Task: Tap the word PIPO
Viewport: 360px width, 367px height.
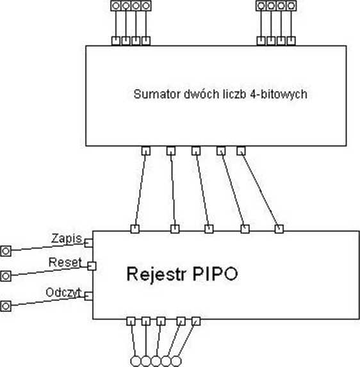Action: [x=215, y=273]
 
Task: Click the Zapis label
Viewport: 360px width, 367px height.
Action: [x=67, y=238]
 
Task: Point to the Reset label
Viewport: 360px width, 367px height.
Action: [x=65, y=263]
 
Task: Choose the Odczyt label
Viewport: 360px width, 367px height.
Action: [x=63, y=293]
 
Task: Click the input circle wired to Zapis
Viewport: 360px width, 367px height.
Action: [x=6, y=251]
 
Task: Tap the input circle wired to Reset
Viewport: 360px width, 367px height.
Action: [x=6, y=276]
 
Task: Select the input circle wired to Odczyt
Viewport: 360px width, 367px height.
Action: [x=6, y=306]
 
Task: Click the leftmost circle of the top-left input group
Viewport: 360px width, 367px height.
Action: [x=116, y=6]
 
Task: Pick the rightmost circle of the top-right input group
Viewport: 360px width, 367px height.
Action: [x=291, y=6]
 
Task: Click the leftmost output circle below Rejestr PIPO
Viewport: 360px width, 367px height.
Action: [x=136, y=361]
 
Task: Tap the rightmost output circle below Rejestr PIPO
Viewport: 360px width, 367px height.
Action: [x=176, y=361]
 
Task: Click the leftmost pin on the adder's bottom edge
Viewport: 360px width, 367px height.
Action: [x=146, y=151]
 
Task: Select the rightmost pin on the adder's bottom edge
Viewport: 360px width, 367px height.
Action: [x=241, y=151]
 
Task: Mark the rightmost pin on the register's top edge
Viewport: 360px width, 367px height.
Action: [x=279, y=229]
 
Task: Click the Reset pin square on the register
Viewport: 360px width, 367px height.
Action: [x=92, y=266]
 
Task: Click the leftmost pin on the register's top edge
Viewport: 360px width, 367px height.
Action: [x=135, y=229]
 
